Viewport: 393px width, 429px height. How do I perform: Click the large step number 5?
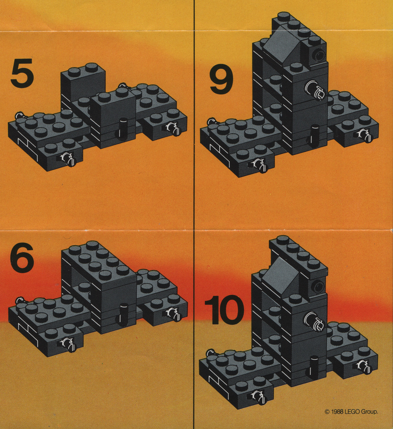click(x=23, y=73)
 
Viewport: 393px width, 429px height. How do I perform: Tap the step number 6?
click(x=22, y=257)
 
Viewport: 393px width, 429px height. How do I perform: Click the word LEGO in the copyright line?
click(x=352, y=411)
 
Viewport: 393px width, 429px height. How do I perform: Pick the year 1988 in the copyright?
click(x=337, y=411)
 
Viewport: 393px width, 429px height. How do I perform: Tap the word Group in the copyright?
click(x=369, y=412)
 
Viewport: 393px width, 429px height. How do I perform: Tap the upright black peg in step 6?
click(x=122, y=313)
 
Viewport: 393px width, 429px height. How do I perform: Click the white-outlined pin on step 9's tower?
click(x=315, y=90)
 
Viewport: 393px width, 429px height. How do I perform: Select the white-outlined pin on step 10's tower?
click(x=314, y=322)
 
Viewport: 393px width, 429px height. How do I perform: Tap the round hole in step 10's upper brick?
click(x=317, y=287)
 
